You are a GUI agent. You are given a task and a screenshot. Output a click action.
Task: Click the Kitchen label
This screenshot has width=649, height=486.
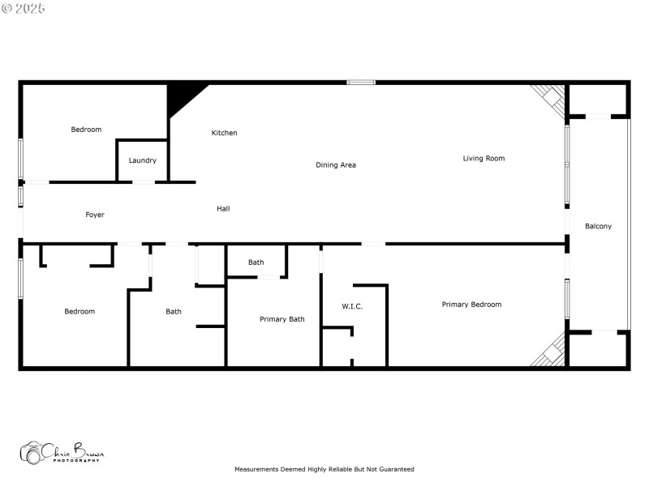pyautogui.click(x=224, y=133)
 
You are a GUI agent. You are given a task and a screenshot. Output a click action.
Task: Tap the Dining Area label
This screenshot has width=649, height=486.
pyautogui.click(x=336, y=165)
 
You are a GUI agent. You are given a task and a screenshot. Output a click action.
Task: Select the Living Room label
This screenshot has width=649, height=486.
pyautogui.click(x=484, y=159)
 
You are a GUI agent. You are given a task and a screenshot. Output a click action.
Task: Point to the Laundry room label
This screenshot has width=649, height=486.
pyautogui.click(x=143, y=160)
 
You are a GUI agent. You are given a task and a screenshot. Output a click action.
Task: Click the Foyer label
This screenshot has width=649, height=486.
pyautogui.click(x=95, y=215)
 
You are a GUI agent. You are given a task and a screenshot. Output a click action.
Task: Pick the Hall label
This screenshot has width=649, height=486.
pyautogui.click(x=223, y=209)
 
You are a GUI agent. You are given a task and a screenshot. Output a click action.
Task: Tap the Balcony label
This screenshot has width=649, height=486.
pyautogui.click(x=598, y=226)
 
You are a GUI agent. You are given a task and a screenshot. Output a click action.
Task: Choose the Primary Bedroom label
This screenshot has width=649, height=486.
pyautogui.click(x=471, y=305)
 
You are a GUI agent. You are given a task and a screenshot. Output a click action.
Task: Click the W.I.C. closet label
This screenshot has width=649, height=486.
pyautogui.click(x=352, y=306)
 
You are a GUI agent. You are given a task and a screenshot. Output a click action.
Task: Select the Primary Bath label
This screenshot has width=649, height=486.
pyautogui.click(x=282, y=319)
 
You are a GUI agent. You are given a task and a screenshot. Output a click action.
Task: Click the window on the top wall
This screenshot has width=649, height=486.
pyautogui.click(x=361, y=82)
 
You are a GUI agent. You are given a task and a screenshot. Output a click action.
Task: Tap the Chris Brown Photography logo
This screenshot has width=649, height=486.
pyautogui.click(x=62, y=453)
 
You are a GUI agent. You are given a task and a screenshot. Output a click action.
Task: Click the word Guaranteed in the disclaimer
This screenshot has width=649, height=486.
pyautogui.click(x=395, y=469)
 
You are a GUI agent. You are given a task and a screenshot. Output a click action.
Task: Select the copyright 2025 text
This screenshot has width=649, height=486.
pyautogui.click(x=24, y=8)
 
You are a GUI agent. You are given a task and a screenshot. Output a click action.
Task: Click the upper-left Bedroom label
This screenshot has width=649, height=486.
pyautogui.click(x=86, y=130)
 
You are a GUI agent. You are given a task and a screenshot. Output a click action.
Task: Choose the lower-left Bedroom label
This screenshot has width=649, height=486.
pyautogui.click(x=80, y=312)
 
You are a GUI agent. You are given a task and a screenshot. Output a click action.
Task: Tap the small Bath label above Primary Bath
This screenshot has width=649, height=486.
pyautogui.click(x=256, y=262)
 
